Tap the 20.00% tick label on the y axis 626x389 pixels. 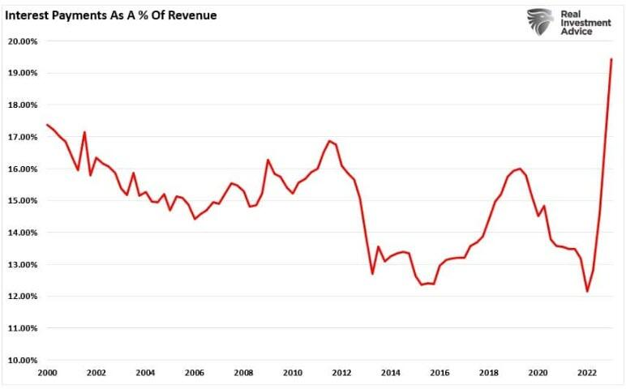[22, 41]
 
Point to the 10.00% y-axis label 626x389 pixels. [22, 361]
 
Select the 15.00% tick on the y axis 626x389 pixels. [22, 201]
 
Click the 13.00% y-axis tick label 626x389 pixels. [22, 265]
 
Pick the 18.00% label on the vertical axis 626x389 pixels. [22, 105]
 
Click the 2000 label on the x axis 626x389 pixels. [47, 373]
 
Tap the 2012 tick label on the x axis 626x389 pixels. [341, 373]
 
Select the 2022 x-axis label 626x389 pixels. [586, 373]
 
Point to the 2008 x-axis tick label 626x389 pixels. [243, 373]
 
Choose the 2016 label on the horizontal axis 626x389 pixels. [439, 373]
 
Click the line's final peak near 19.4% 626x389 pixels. [611, 59]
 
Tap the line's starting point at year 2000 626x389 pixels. [47, 125]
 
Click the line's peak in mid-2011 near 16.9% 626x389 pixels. [328, 140]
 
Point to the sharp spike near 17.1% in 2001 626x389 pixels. [84, 132]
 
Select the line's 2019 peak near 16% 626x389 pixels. [519, 169]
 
